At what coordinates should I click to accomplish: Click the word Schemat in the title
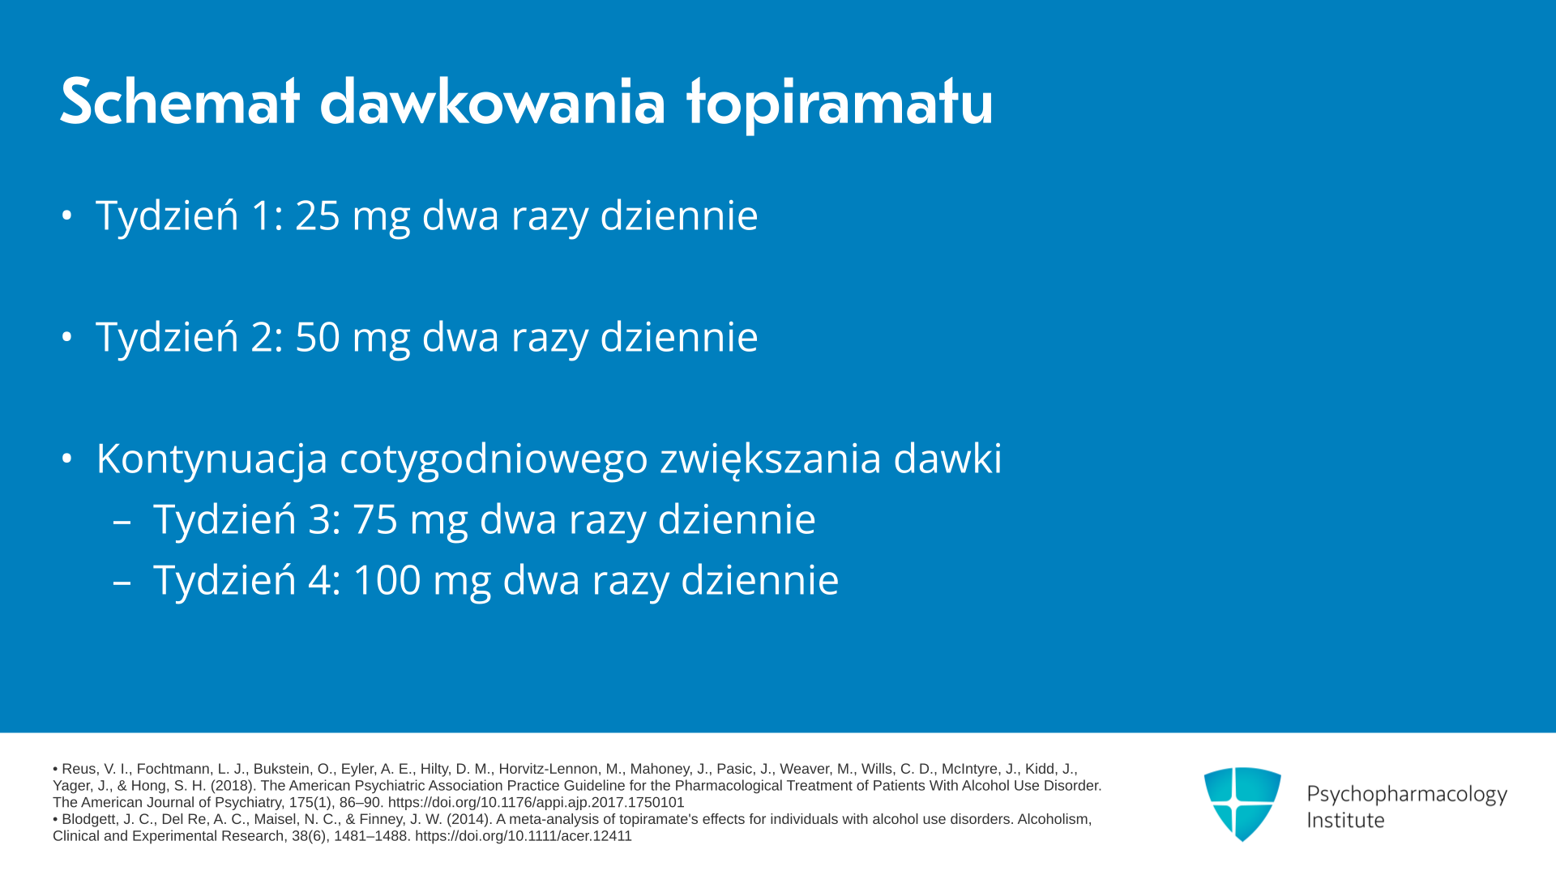(x=180, y=102)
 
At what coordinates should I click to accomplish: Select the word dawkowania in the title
(x=493, y=102)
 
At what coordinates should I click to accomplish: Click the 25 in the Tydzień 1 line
(x=317, y=216)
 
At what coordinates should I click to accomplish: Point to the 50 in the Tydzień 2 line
(x=317, y=337)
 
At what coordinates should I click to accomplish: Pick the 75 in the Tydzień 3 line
(x=375, y=519)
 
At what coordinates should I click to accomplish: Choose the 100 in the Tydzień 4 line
(x=387, y=580)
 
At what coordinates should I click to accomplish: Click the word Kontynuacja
(x=212, y=459)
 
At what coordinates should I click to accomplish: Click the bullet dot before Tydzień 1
(x=67, y=216)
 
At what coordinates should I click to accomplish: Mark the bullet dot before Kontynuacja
(x=67, y=459)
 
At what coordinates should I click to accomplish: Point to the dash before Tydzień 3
(x=122, y=522)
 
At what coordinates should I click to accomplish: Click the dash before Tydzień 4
(x=122, y=583)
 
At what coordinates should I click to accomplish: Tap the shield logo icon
(x=1242, y=804)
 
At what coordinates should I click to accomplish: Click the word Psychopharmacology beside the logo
(x=1407, y=794)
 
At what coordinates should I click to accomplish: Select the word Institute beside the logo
(x=1345, y=820)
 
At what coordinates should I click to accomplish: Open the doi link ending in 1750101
(x=536, y=803)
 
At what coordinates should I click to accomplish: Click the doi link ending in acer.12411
(x=523, y=836)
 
